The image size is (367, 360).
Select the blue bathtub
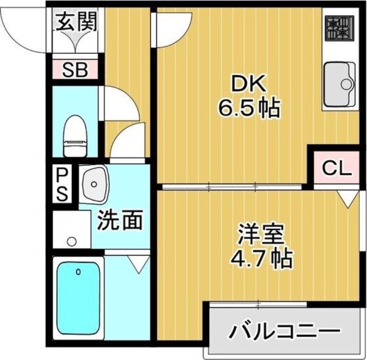[78, 298]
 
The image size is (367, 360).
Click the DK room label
[248, 85]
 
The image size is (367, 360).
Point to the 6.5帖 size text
[248, 109]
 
